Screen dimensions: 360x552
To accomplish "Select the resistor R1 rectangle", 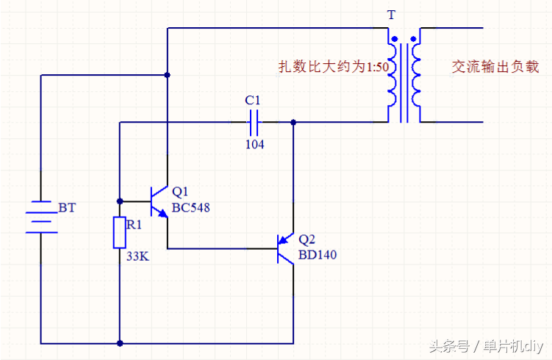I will (119, 233).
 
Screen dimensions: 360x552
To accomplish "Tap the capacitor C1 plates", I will (254, 121).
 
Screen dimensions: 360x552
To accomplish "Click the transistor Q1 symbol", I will (157, 201).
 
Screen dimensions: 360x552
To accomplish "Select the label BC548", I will (190, 208).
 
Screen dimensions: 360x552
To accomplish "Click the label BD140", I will (318, 256).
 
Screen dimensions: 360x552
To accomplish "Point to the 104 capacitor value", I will (254, 145).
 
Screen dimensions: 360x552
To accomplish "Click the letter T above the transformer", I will (390, 14).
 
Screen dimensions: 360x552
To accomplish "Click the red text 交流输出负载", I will (495, 67).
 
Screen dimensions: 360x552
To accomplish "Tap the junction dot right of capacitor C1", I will (293, 122).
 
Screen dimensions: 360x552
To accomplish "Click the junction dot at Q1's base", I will (119, 201).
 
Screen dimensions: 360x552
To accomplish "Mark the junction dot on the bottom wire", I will (119, 343).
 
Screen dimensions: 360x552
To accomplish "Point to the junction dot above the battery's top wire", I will (168, 75).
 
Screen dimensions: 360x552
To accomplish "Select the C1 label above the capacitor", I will (252, 100).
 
